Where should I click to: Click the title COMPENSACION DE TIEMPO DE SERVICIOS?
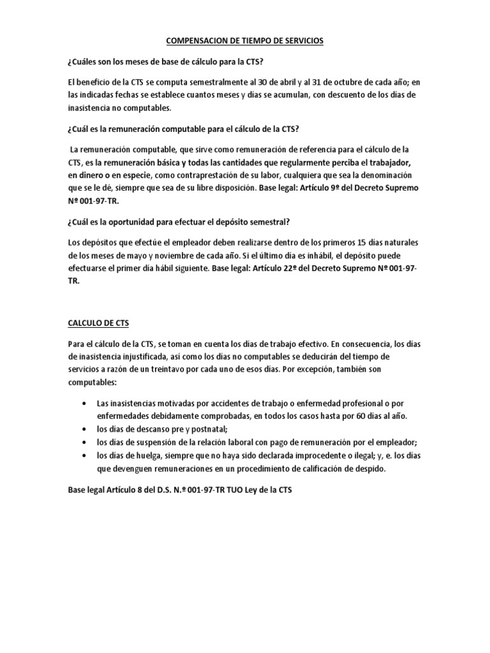(245, 41)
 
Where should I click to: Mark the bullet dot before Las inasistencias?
(85, 404)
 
